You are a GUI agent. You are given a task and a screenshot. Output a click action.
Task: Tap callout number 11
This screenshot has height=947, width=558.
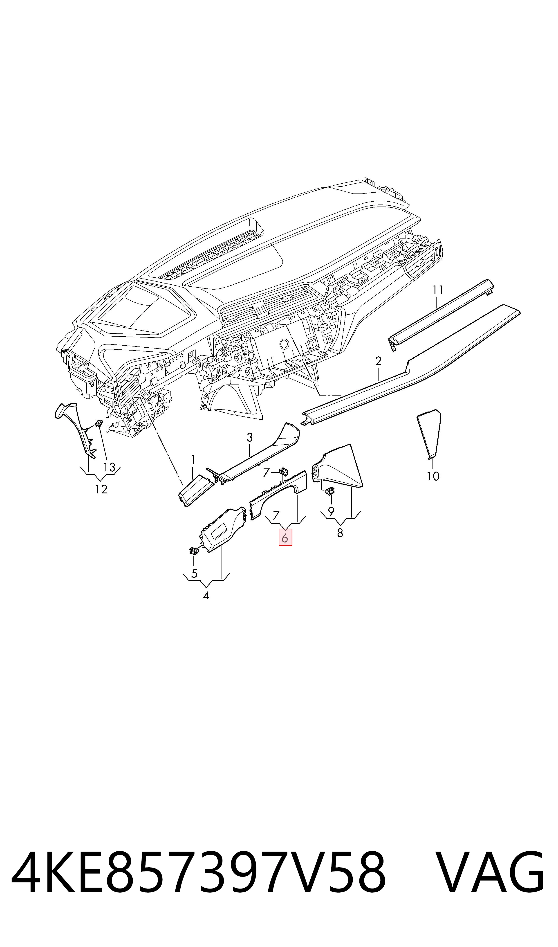click(x=438, y=290)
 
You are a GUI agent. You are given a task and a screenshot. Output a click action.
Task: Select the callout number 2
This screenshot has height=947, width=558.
click(x=378, y=361)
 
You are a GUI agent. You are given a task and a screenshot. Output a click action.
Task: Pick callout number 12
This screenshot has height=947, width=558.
click(x=101, y=489)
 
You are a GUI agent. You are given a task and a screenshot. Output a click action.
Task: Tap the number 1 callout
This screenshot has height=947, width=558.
click(x=193, y=460)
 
